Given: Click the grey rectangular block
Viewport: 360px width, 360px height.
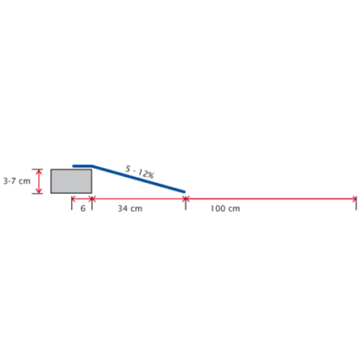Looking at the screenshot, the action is (x=71, y=181).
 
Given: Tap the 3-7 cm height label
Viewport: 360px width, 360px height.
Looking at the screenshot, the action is (x=17, y=181).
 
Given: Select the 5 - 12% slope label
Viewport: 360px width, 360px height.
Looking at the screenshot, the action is (x=140, y=172).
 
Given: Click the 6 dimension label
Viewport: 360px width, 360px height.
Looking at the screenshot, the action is (x=83, y=208).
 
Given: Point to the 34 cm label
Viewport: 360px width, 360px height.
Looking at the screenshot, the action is (x=130, y=208).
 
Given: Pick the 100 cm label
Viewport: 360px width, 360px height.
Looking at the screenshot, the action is (x=225, y=208).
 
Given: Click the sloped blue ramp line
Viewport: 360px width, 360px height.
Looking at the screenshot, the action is (x=139, y=179).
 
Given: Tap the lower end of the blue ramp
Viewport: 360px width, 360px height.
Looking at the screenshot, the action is (x=185, y=192).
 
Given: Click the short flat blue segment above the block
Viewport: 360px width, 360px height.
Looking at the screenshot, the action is (x=82, y=166).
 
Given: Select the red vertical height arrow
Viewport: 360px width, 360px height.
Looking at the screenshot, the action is (x=39, y=181).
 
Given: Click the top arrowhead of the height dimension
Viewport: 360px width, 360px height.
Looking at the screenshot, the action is (x=39, y=171).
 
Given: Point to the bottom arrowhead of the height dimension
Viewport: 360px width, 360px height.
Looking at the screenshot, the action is (x=39, y=191).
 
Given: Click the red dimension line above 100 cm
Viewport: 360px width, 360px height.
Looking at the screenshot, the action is (x=271, y=199).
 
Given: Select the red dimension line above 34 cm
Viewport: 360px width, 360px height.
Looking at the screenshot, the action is (x=139, y=199).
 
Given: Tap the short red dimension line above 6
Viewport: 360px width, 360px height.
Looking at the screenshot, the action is (x=82, y=199).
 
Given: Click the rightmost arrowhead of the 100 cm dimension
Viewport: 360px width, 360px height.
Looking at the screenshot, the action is (x=355, y=199).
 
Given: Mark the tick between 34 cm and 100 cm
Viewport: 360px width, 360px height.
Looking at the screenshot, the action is (x=186, y=202).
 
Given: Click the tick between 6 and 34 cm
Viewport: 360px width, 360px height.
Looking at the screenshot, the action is (x=92, y=202).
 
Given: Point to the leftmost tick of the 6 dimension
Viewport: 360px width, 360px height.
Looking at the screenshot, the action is (x=72, y=202).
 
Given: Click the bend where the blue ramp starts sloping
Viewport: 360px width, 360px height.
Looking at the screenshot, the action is (x=93, y=166).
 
